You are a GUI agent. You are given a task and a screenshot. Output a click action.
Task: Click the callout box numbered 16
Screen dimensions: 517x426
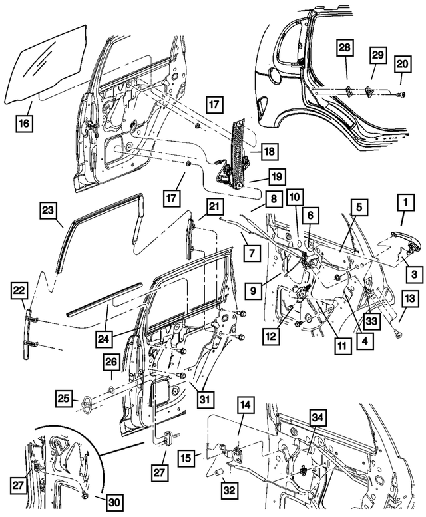(x=24, y=123)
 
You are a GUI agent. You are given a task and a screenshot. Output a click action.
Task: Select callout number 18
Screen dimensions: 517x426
(x=268, y=152)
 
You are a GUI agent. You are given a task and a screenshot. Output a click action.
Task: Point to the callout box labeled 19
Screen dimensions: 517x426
(x=277, y=176)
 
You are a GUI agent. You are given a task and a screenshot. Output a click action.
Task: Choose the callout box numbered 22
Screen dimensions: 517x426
(x=20, y=291)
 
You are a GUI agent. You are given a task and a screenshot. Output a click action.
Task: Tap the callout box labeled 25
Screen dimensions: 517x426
(x=62, y=399)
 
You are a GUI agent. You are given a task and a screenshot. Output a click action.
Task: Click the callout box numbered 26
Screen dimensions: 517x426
(x=110, y=363)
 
